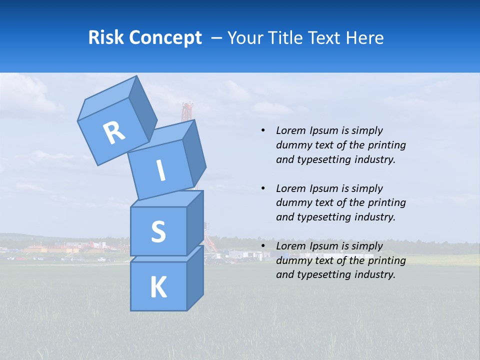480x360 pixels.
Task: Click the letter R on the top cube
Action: tap(114, 133)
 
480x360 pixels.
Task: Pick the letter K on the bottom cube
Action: tap(158, 287)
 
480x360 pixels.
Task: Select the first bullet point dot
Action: tap(263, 131)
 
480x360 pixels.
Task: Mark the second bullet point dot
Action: tap(263, 188)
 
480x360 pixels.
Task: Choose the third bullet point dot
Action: tap(263, 246)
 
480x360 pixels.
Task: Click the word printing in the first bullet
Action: tap(387, 145)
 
